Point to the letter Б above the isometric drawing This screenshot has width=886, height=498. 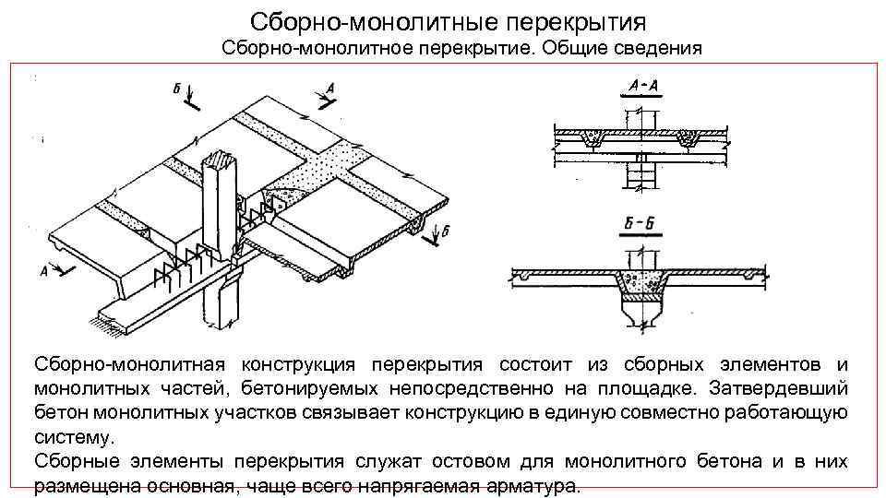click(x=175, y=89)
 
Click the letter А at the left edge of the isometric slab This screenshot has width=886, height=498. click(x=43, y=270)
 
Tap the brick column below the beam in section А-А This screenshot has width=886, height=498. click(x=641, y=175)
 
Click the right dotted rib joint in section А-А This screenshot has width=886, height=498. click(x=688, y=139)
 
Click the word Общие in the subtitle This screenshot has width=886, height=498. click(x=576, y=48)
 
